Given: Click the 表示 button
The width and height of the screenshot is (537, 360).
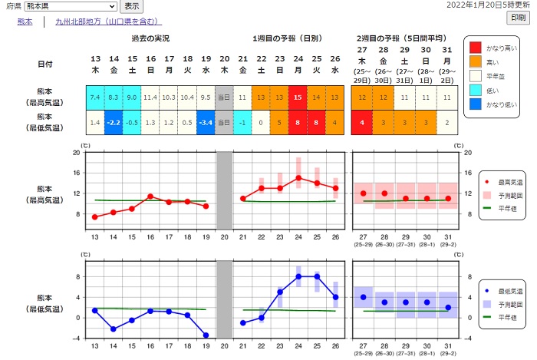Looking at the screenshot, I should pyautogui.click(x=131, y=5).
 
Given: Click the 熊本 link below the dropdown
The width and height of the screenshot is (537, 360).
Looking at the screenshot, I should pyautogui.click(x=25, y=21).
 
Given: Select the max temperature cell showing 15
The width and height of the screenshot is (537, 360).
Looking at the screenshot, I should pyautogui.click(x=298, y=97).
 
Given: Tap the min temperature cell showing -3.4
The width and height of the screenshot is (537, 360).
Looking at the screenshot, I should pyautogui.click(x=206, y=122).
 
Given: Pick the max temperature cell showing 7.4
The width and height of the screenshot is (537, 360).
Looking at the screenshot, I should pyautogui.click(x=95, y=97).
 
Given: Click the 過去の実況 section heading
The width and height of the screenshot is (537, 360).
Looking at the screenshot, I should pyautogui.click(x=150, y=38).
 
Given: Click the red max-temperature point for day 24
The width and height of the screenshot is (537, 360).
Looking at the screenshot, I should pyautogui.click(x=298, y=177).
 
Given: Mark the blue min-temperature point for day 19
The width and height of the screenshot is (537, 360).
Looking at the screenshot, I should pyautogui.click(x=206, y=335).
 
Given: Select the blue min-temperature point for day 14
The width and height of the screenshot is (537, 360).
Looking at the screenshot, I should pyautogui.click(x=114, y=329).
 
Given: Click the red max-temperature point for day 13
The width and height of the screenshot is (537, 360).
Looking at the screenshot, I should pyautogui.click(x=95, y=216).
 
